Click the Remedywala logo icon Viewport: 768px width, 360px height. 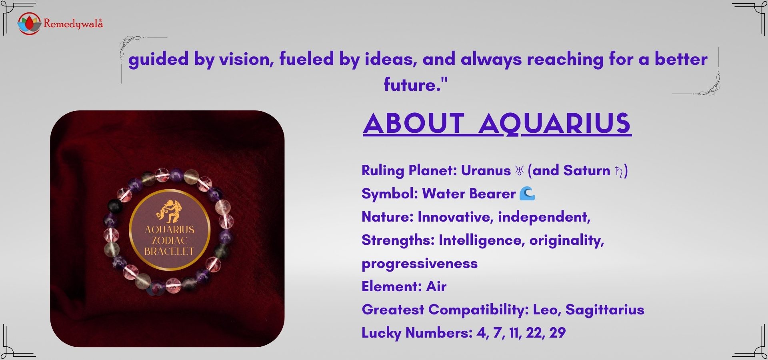(29, 24)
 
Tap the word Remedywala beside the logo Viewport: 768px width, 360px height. (73, 24)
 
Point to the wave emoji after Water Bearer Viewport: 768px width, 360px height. (527, 194)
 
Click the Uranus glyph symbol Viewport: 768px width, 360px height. (519, 171)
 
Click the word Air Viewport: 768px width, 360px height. (436, 286)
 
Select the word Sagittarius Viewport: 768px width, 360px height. (604, 310)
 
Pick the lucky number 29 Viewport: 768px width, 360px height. (557, 333)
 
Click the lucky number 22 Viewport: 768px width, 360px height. (534, 333)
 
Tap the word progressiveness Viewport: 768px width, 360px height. (420, 264)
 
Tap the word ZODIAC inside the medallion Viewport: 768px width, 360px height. (170, 240)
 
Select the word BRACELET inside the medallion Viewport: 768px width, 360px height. (170, 251)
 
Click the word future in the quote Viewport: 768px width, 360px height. (410, 85)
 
